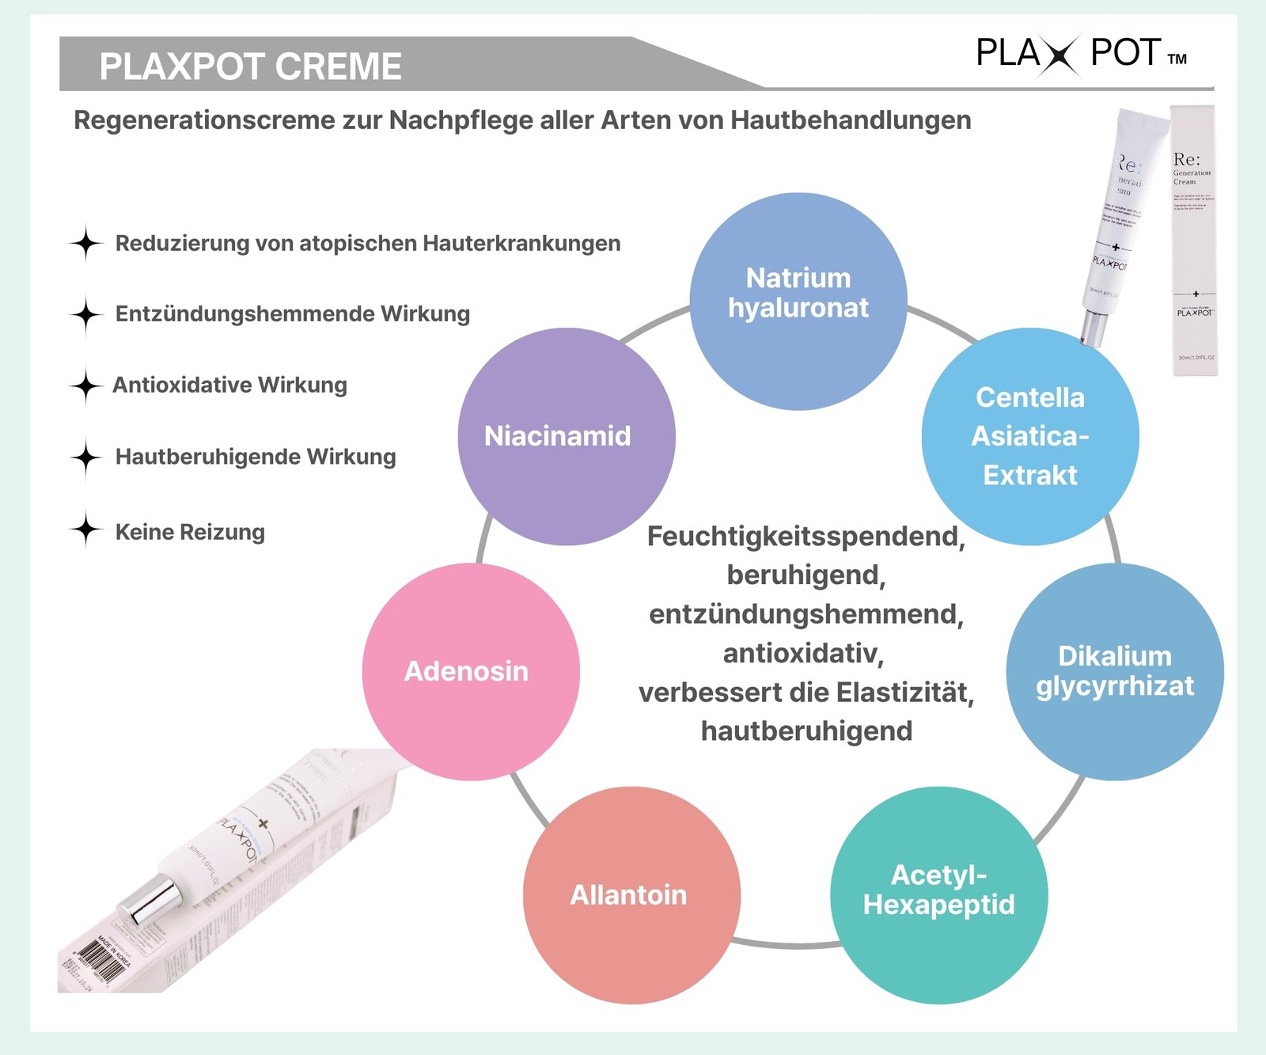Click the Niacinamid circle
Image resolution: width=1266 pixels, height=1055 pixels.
tap(566, 437)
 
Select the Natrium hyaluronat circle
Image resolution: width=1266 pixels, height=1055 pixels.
tap(798, 302)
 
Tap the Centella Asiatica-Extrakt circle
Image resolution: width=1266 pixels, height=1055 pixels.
tap(1030, 437)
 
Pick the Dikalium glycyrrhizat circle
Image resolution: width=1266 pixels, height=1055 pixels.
tap(1115, 672)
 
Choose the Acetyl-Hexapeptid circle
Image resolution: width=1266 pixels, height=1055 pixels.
tap(939, 895)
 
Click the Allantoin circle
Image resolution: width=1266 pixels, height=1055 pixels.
tap(631, 895)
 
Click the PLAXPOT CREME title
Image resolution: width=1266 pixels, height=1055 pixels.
tap(250, 66)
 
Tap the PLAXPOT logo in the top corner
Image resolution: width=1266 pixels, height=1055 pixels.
tap(1080, 54)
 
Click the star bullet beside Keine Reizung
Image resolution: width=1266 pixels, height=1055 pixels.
tap(85, 529)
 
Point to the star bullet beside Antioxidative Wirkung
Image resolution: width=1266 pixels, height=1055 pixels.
tap(85, 385)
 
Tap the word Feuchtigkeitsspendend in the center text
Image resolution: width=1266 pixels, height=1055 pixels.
tap(805, 537)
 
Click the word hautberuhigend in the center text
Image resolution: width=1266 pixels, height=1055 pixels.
tap(806, 731)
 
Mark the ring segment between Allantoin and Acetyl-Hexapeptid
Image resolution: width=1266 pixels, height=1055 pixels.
tap(785, 944)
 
